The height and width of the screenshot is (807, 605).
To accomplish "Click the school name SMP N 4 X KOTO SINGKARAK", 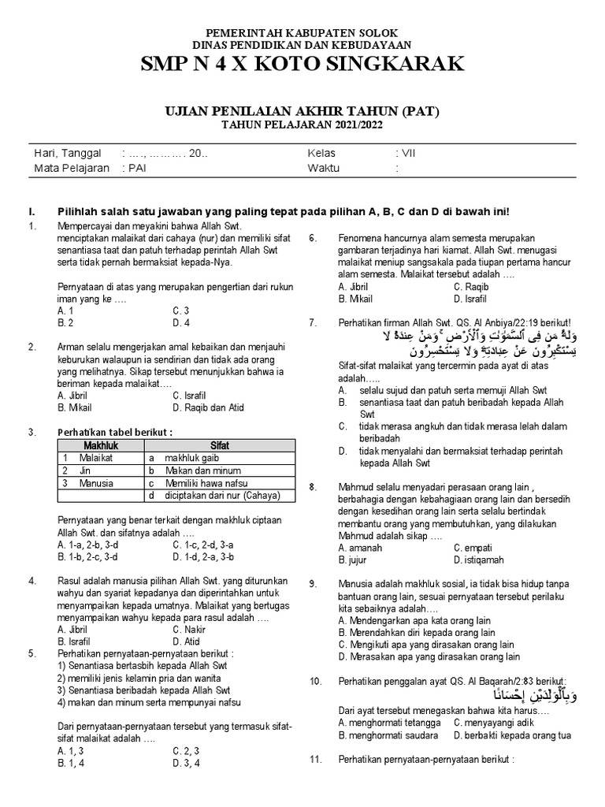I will (302, 65).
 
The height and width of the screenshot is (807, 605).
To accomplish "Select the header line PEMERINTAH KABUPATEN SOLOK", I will (302, 32).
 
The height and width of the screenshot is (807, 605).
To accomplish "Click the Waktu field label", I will (323, 168).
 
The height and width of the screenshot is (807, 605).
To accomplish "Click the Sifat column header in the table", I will (220, 445).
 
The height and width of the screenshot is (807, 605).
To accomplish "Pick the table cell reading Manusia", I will (96, 483).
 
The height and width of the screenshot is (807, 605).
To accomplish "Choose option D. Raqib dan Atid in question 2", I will (208, 407).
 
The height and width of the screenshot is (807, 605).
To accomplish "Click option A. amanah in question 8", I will (360, 548).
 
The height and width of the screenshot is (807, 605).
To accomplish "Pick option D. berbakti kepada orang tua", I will (512, 735).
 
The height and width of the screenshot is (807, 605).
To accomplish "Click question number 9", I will (313, 584).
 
